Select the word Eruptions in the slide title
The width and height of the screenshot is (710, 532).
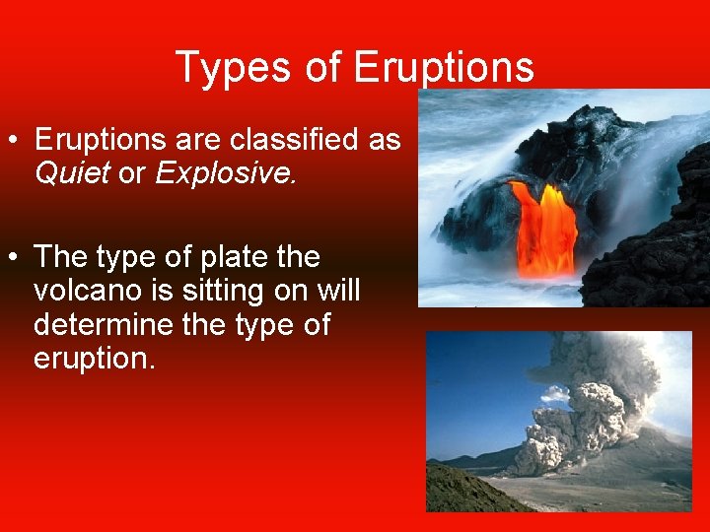pos(443,68)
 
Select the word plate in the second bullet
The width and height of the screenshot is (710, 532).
pos(233,257)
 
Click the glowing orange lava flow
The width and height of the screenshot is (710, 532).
pos(544,227)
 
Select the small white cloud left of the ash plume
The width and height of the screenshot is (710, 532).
pos(555,393)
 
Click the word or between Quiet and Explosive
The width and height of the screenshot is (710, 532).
pos(131,173)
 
